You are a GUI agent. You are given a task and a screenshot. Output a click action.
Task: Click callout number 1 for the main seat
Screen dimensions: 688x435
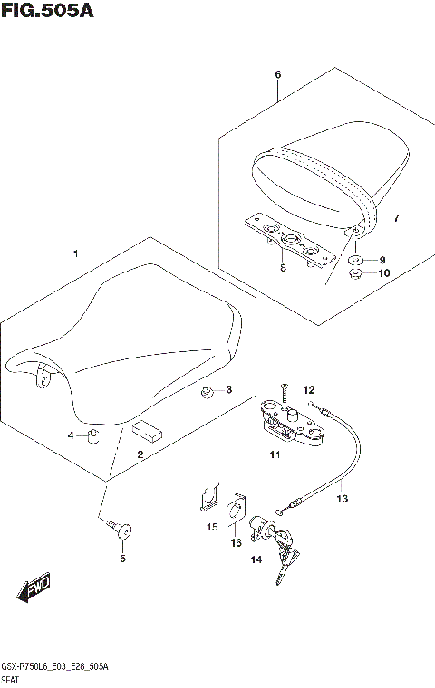(x=77, y=254)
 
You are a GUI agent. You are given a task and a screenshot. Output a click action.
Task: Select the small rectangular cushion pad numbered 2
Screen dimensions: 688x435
(x=147, y=430)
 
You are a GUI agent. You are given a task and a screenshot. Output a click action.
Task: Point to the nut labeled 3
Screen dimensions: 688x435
(x=207, y=391)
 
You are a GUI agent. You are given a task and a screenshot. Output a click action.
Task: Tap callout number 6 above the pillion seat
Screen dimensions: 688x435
(x=278, y=74)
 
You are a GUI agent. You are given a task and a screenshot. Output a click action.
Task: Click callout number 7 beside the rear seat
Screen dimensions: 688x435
(x=395, y=219)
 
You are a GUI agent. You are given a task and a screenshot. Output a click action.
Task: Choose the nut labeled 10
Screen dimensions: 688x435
(x=356, y=272)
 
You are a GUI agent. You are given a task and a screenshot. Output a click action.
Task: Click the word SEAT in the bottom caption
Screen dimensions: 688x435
(x=14, y=678)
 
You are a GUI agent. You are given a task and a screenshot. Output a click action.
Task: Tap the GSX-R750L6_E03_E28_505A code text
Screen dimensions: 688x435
(x=56, y=665)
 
